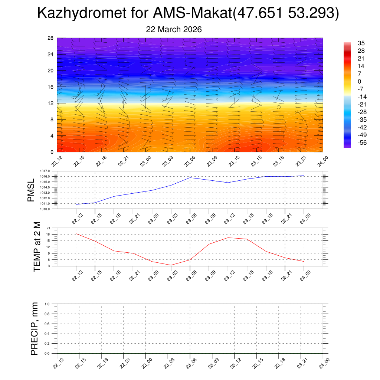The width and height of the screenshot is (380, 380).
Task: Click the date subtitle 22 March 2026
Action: [174, 30]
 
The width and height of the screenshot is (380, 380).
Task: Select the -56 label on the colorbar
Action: [361, 143]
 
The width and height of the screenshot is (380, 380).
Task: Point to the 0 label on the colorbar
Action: [359, 82]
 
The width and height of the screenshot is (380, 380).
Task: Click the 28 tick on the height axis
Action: [51, 38]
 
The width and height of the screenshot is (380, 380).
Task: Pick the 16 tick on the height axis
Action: [51, 87]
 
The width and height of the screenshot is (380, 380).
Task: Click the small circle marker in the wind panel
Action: [278, 107]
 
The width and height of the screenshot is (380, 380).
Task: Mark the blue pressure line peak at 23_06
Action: [190, 177]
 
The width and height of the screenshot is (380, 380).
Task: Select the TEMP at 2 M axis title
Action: [37, 247]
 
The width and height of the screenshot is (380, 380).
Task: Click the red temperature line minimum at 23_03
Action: [171, 265]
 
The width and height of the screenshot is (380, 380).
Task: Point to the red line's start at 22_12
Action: [76, 233]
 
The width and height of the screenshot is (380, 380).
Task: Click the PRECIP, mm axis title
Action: [35, 328]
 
